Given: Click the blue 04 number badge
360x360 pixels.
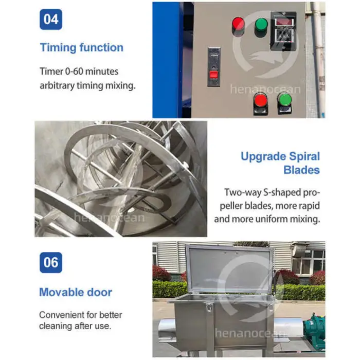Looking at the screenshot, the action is (x=51, y=20).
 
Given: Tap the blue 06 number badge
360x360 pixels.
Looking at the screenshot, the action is (x=51, y=262).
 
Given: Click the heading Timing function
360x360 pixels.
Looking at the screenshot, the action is (x=81, y=47).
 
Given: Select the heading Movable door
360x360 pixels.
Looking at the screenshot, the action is (x=76, y=292).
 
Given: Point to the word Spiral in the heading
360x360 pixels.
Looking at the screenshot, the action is (x=304, y=156).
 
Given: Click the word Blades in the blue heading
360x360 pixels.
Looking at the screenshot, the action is (x=301, y=170).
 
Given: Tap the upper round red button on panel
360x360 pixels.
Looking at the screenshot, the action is (x=238, y=24).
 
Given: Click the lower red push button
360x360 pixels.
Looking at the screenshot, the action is (x=261, y=101).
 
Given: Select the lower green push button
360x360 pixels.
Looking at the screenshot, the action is (x=285, y=100).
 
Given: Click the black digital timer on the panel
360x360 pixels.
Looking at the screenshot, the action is (x=283, y=31).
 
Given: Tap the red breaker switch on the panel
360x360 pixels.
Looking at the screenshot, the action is (x=214, y=75).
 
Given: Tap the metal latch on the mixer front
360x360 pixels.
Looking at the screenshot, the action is (x=209, y=307).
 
